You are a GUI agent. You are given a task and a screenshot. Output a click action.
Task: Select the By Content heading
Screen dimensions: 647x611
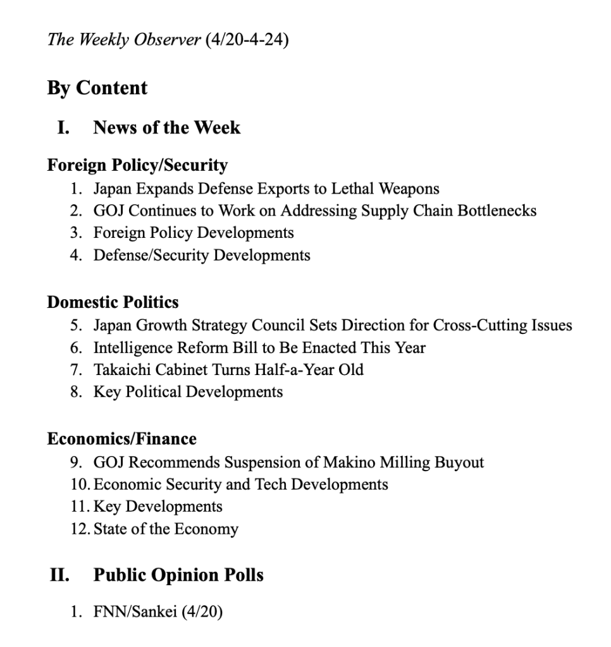point(97,88)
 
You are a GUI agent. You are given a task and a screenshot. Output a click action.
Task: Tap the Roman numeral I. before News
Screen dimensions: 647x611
point(63,128)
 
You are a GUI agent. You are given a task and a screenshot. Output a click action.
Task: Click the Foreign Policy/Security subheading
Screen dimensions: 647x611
point(137,166)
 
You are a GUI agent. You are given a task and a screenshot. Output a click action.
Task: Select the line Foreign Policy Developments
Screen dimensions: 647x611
point(194,233)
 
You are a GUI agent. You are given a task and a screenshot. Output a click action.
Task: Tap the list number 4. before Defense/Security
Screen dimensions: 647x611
point(76,256)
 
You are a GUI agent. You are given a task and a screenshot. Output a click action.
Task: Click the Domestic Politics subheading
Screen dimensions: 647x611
point(113,302)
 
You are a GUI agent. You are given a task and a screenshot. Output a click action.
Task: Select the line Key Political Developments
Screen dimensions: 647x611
point(188,392)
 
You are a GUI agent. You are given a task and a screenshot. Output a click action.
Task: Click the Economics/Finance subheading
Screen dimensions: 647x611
point(121,439)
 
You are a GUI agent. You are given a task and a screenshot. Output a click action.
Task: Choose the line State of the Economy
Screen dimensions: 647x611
point(166,529)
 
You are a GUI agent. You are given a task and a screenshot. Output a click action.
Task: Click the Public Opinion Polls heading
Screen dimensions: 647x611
point(178,576)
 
